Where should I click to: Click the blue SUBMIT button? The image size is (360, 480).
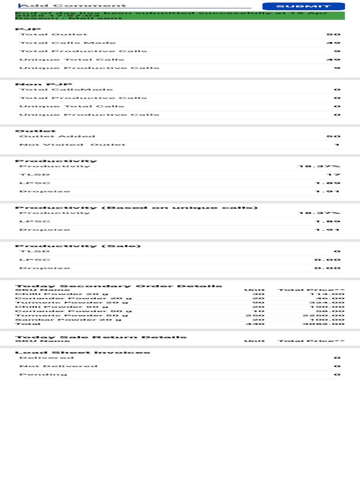tap(303, 6)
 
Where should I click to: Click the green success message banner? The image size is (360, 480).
tap(180, 15)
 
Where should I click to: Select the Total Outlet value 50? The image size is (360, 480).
tap(333, 35)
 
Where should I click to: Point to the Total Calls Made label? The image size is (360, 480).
tap(67, 43)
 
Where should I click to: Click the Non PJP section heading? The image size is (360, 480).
tap(44, 84)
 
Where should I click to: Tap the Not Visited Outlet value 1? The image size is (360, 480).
tap(337, 145)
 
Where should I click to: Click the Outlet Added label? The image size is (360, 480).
tap(57, 136)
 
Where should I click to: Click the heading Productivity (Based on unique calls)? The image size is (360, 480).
tap(136, 208)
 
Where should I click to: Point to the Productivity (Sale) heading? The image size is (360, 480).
tap(78, 246)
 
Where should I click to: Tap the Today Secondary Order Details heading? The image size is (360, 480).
tap(119, 286)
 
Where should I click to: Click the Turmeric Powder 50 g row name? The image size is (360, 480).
tap(71, 315)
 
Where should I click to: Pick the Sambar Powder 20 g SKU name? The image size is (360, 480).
tap(68, 320)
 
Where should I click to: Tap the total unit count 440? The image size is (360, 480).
tap(258, 324)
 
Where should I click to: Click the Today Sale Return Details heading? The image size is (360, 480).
tap(101, 337)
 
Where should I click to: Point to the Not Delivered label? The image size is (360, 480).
tap(58, 366)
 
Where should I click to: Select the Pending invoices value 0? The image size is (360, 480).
tap(337, 375)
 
